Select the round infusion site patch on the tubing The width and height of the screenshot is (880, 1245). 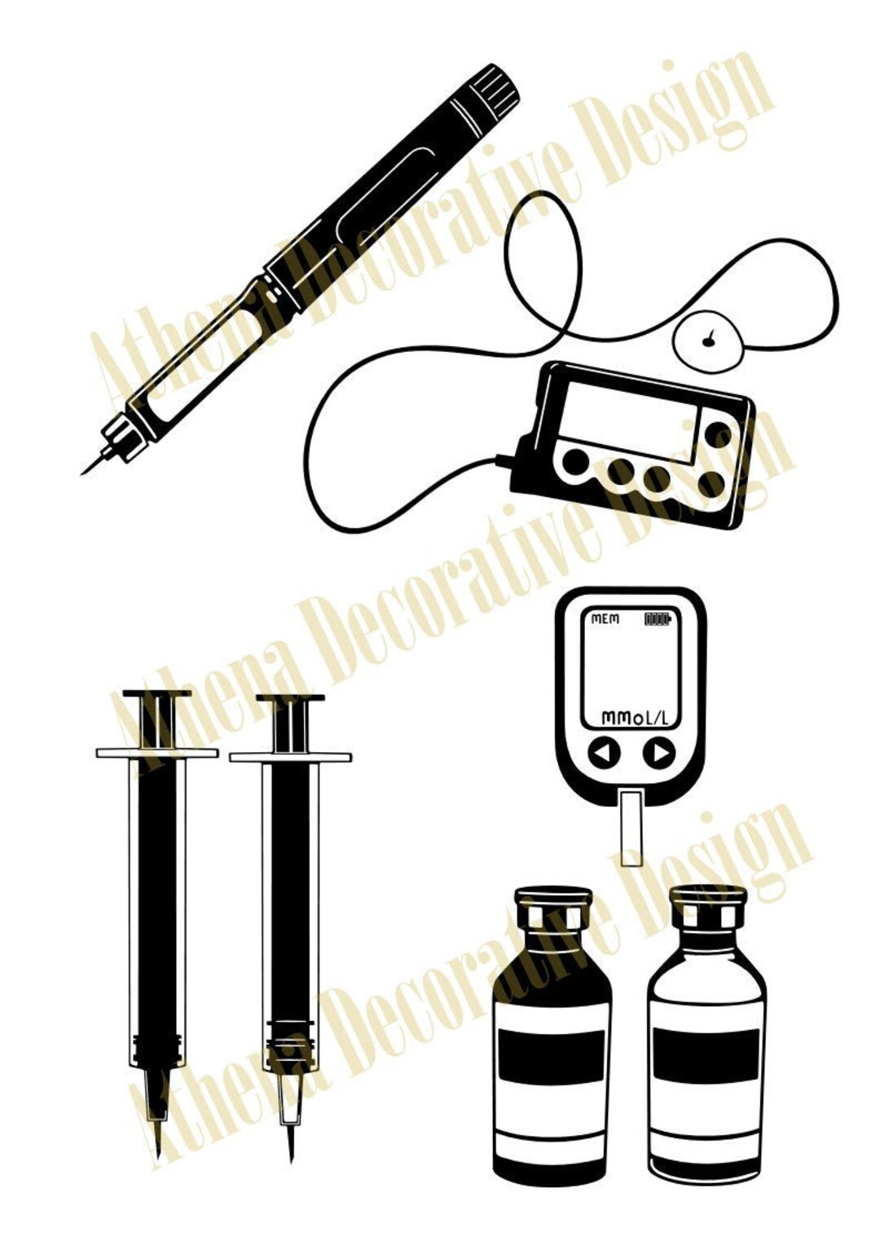tap(707, 340)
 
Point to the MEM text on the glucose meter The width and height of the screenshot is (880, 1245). tap(605, 619)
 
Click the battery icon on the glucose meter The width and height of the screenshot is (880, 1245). tap(657, 619)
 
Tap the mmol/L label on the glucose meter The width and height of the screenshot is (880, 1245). tap(634, 718)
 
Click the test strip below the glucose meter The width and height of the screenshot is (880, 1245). tap(631, 827)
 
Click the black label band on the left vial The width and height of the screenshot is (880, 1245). tap(552, 1057)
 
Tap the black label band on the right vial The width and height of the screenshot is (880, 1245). tap(706, 1057)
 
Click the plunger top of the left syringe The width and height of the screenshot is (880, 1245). tap(157, 695)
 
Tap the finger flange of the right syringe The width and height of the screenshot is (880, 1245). tap(290, 758)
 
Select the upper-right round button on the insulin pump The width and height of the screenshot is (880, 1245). tap(718, 433)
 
